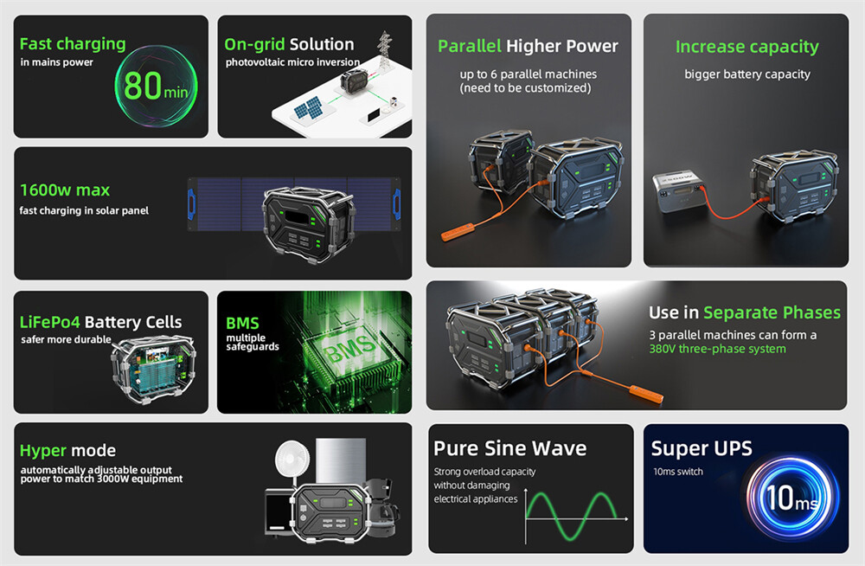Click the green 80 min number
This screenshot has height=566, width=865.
(x=156, y=87)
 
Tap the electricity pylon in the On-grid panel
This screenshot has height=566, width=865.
(x=385, y=49)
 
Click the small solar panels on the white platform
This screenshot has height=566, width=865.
(x=308, y=107)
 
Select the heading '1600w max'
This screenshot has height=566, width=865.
(x=65, y=190)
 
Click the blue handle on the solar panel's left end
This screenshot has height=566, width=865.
(x=191, y=203)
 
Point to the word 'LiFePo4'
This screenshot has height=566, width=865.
(x=49, y=322)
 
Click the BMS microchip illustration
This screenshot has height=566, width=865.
(x=350, y=351)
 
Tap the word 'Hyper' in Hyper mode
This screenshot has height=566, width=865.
(x=43, y=451)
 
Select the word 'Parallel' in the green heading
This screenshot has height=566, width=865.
(x=470, y=46)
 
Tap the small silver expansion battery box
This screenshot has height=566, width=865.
(x=679, y=191)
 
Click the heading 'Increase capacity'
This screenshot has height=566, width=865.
(x=747, y=48)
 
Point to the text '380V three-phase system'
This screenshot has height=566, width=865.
(x=717, y=349)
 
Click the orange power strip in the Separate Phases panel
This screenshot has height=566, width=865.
(x=644, y=394)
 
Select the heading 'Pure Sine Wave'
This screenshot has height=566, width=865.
(x=509, y=448)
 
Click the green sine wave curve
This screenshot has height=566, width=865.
(x=571, y=516)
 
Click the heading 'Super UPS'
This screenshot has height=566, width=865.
(x=702, y=448)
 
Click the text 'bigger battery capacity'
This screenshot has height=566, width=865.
(x=747, y=74)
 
